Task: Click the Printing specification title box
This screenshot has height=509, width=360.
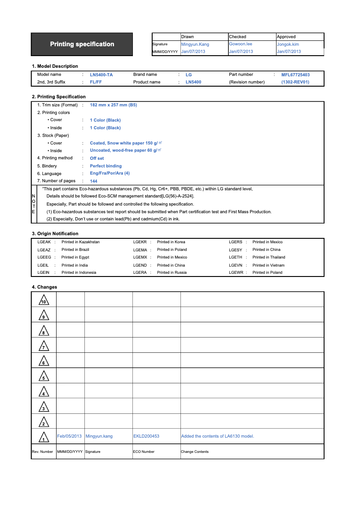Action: pos(82,44)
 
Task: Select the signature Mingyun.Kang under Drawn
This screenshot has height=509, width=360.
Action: pos(195,44)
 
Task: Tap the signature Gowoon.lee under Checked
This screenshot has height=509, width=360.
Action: pos(240,44)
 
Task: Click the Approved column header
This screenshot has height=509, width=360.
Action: pos(286,37)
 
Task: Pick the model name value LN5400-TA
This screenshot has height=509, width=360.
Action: pos(101,75)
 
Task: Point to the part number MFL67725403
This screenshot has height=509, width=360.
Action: pos(295,75)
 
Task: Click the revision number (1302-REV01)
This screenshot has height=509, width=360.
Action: pos(295,82)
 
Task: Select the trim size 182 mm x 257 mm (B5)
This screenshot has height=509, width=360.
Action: pos(113,105)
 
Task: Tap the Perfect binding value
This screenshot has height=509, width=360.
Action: pos(105,166)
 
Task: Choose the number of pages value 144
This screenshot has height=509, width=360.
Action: pos(93,181)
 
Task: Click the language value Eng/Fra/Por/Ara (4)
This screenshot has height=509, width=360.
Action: pos(110,173)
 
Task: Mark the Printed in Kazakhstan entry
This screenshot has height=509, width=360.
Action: pos(80,242)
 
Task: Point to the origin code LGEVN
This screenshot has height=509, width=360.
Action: pos(235,265)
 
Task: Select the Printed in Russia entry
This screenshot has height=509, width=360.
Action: pos(171,272)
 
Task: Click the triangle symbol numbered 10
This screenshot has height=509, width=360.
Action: pos(44,300)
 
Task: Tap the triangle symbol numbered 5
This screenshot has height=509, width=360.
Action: pos(44,377)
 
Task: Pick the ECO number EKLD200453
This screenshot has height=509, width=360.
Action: pos(146,436)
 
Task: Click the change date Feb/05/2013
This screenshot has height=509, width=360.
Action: pos(70,436)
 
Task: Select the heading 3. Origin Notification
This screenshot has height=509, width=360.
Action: pos(55,233)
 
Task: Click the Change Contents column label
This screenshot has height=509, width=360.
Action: pos(194,452)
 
